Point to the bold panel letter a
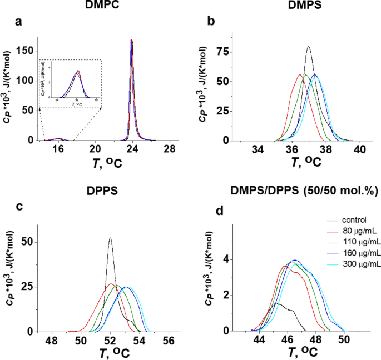tap(18, 23)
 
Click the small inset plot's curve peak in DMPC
tap(78, 71)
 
